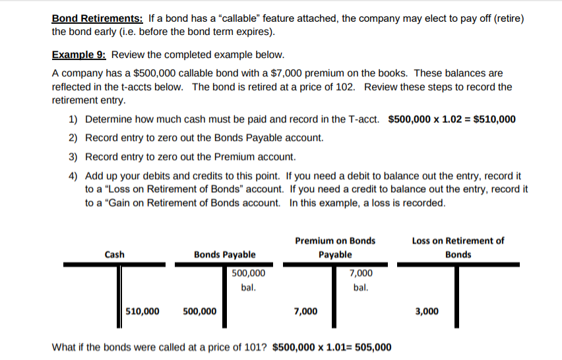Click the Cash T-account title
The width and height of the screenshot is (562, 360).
114,255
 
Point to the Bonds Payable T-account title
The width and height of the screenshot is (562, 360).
225,255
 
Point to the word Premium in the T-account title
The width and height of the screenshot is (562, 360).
314,241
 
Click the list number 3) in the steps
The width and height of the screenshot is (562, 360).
73,157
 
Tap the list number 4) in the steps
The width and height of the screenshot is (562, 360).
73,176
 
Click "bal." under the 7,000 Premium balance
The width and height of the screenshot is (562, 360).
360,288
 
